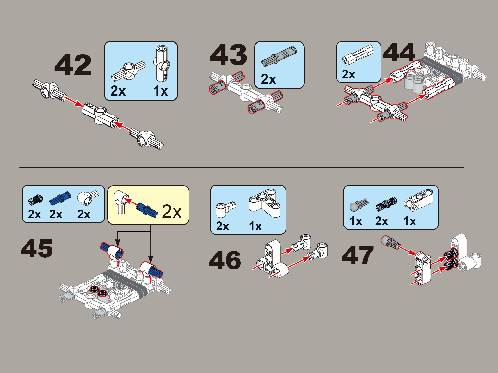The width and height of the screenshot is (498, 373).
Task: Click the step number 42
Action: click(x=73, y=65)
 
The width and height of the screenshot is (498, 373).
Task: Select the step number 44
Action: click(x=399, y=52)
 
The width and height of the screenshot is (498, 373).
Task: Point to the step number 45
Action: click(x=37, y=249)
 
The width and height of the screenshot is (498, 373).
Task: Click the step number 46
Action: click(x=225, y=260)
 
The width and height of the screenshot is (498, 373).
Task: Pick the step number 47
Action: click(x=358, y=255)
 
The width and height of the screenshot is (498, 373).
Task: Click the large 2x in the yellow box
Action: click(x=172, y=212)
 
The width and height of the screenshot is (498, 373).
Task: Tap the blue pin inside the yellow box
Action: click(x=147, y=210)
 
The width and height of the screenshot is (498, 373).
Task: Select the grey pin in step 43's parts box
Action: click(x=279, y=57)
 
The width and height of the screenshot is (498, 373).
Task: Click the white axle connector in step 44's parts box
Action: click(x=358, y=54)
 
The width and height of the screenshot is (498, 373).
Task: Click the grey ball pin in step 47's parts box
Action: click(x=359, y=205)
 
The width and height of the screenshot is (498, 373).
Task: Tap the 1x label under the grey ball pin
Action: click(x=355, y=221)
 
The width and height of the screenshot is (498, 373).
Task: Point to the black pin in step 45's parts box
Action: click(x=36, y=199)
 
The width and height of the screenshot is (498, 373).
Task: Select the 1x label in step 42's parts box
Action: click(x=160, y=91)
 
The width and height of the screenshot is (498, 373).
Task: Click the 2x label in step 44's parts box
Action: click(x=348, y=74)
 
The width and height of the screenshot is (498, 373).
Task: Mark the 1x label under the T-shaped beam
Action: click(x=255, y=226)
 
